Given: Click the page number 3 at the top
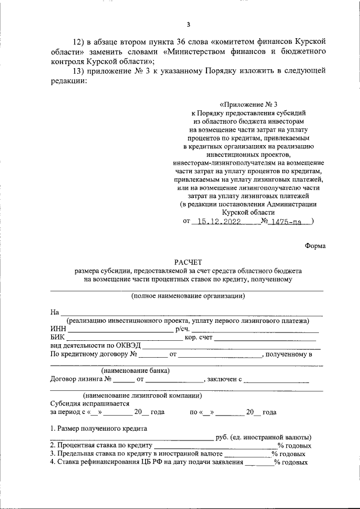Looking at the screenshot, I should tap(188, 24).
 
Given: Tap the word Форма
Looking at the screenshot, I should tap(315, 246).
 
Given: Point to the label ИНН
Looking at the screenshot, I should tap(58, 329).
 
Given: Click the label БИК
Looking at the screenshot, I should tap(58, 337).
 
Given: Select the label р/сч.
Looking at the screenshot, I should tap(183, 329).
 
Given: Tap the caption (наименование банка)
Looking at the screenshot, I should tap(136, 371).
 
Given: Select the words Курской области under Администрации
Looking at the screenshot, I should tap(248, 213).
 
